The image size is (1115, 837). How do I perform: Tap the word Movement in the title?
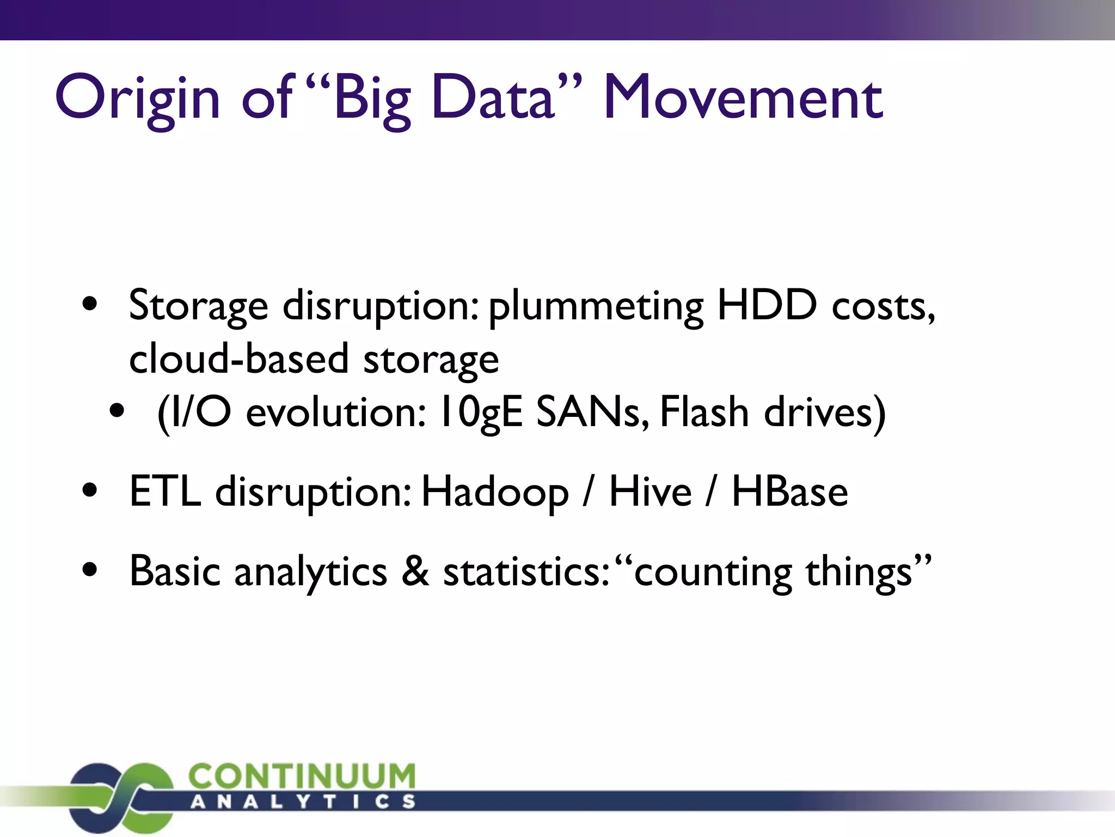tap(743, 98)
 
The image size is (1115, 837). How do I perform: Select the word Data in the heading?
tap(493, 98)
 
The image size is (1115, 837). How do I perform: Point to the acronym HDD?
tap(767, 305)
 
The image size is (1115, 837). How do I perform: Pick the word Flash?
tap(704, 413)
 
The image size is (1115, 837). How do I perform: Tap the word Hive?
tap(650, 492)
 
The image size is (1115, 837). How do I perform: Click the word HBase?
tap(789, 492)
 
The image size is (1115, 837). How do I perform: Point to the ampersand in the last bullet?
tap(415, 572)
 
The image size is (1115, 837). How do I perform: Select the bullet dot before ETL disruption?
tap(90, 490)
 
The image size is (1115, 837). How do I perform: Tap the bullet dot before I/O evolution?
tap(117, 411)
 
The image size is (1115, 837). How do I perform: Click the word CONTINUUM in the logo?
tap(302, 777)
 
